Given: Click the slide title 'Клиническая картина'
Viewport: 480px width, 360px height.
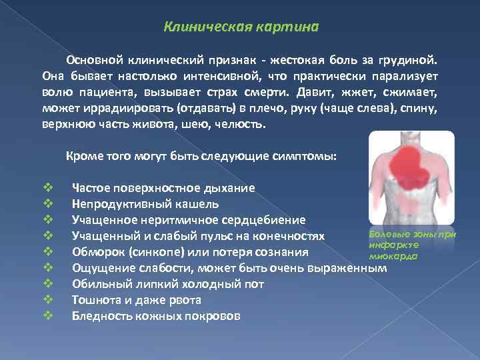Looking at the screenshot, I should coord(241,27).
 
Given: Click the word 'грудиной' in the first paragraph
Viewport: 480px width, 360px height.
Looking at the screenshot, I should coord(413,60).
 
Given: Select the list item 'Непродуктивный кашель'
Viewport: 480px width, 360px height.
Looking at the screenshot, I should coord(145,204).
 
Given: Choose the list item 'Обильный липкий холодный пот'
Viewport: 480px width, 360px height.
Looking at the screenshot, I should coord(167,284).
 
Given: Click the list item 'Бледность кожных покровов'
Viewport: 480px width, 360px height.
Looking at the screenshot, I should coord(156,316).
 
